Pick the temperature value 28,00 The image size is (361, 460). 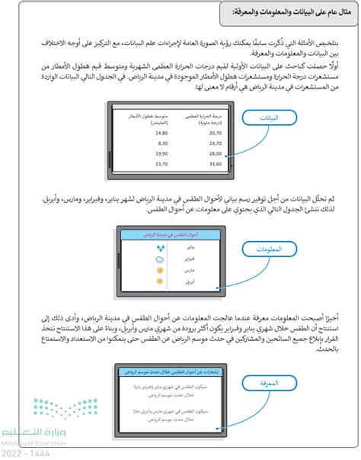tap(195, 153)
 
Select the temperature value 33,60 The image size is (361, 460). tap(195, 162)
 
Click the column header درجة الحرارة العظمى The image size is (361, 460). tap(195, 116)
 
